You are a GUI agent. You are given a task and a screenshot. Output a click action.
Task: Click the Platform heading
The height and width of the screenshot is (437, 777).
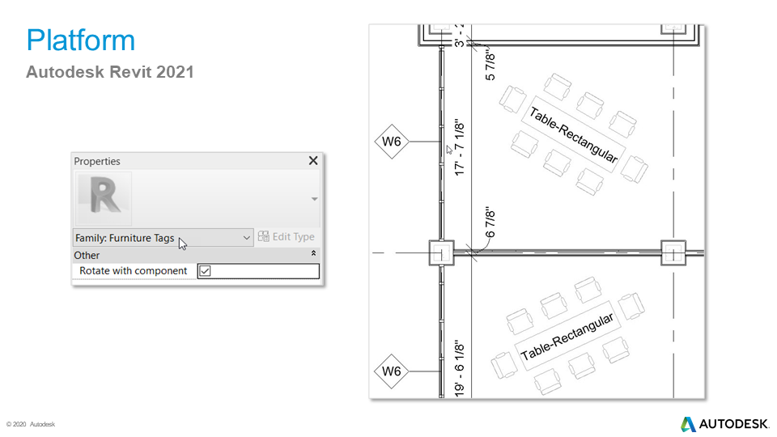(80, 40)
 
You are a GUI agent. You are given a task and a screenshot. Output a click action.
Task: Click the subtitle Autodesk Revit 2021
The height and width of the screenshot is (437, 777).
(109, 72)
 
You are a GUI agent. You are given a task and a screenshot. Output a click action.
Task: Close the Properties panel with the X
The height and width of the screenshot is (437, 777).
(313, 160)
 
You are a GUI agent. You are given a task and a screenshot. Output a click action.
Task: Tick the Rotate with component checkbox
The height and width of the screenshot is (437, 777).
(205, 271)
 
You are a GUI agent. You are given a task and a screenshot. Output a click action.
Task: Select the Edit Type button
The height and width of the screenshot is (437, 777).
(286, 237)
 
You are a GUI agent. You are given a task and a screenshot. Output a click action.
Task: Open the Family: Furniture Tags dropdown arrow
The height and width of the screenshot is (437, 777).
(246, 238)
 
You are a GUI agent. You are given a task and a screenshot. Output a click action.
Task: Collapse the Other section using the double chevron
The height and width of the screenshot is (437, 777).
(314, 253)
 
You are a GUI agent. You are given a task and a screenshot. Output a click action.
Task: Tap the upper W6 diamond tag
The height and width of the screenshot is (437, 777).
(392, 142)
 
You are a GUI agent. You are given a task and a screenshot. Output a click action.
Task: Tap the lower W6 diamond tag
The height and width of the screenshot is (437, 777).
(392, 371)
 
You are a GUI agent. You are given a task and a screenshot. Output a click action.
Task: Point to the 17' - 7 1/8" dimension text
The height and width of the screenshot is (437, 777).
(460, 147)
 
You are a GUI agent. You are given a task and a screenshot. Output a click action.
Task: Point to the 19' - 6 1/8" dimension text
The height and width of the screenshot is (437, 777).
(460, 368)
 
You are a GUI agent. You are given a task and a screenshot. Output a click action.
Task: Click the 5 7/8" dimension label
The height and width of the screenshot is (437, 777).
(490, 64)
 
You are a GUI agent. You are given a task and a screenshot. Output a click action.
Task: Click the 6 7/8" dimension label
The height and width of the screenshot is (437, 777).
(490, 223)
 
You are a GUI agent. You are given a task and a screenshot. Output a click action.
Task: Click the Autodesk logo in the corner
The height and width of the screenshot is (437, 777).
(724, 424)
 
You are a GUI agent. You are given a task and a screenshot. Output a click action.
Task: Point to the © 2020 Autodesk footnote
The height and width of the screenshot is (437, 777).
(31, 424)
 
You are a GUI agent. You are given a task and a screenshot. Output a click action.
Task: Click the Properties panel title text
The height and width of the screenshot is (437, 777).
(97, 161)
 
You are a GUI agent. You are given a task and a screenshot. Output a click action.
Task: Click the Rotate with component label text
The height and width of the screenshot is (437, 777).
(134, 271)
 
